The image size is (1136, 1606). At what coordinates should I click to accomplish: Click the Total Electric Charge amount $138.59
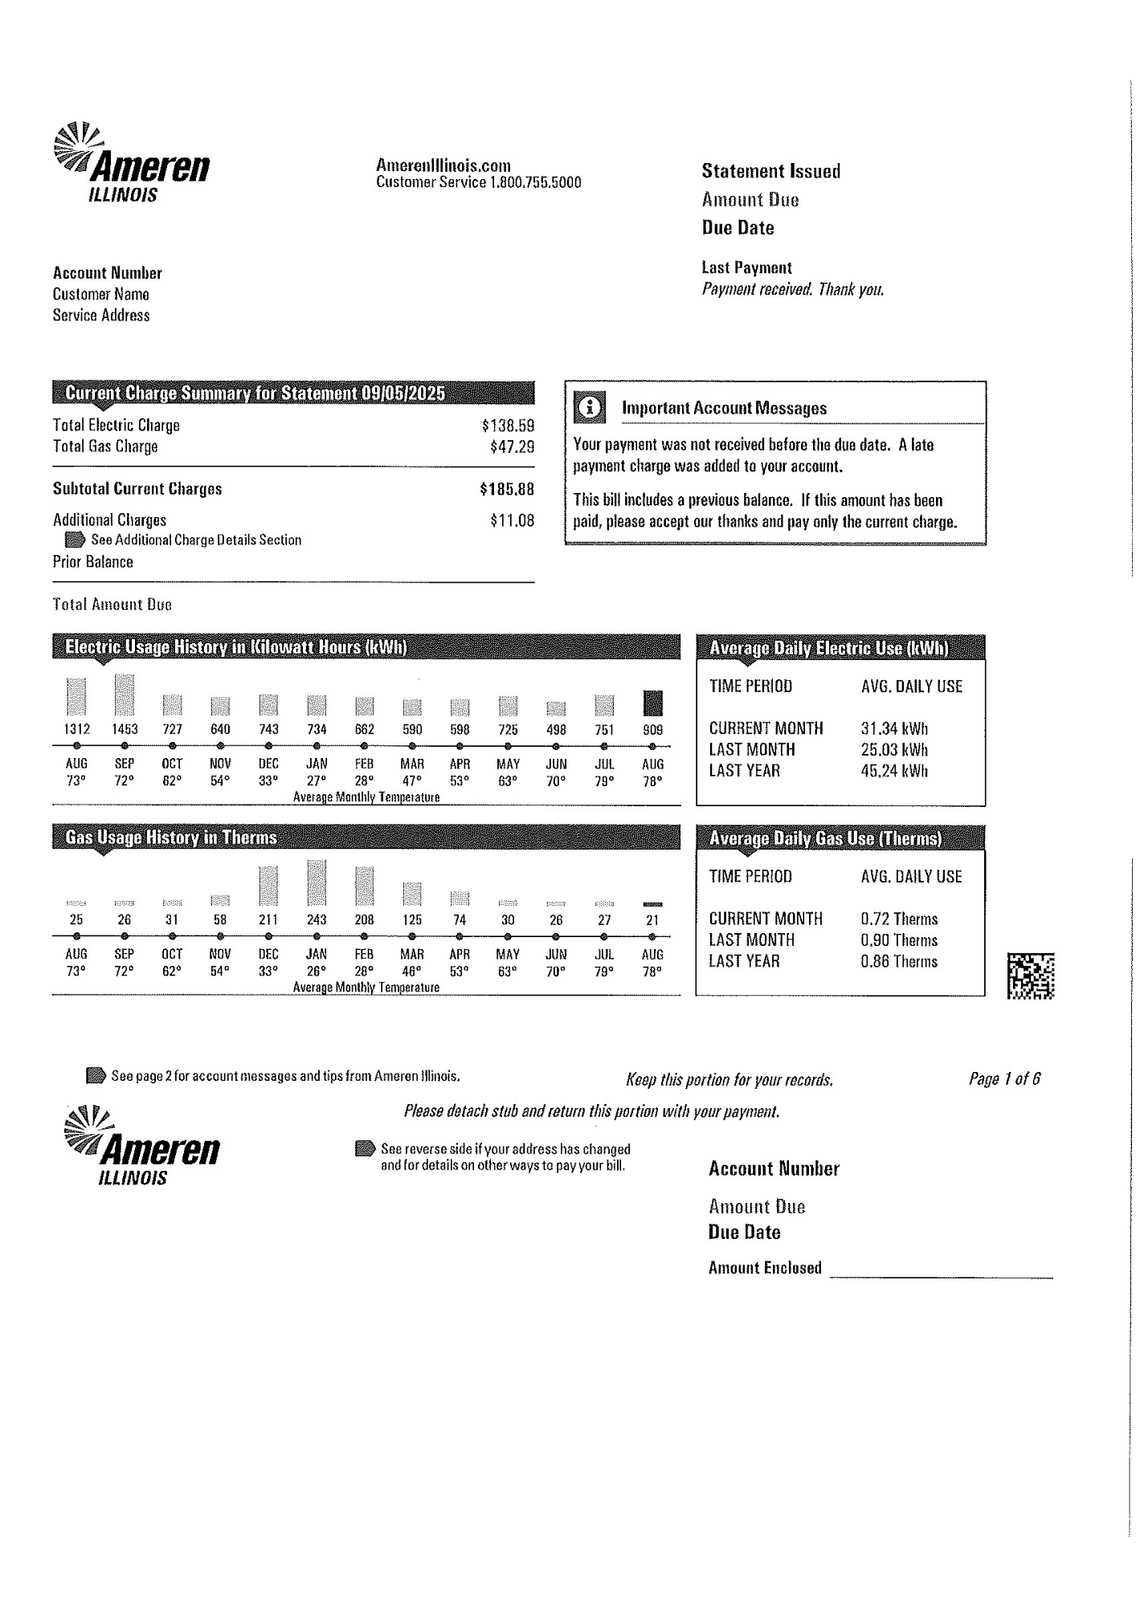coord(508,426)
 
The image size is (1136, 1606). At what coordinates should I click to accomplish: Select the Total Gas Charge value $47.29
coord(512,446)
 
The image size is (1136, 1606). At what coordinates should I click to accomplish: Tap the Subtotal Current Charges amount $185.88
coord(506,489)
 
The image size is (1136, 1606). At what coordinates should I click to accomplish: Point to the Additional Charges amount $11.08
coord(512,520)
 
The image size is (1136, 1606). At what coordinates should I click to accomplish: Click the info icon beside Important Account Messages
coord(590,408)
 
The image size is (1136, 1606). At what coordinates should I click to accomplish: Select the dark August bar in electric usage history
coord(652,703)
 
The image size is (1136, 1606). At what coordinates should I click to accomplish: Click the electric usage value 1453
coord(125,730)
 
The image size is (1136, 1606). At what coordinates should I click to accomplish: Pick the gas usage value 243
coord(317,920)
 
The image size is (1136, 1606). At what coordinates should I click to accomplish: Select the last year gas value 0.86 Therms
coord(899,961)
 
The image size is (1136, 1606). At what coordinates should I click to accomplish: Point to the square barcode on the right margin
coord(1031,976)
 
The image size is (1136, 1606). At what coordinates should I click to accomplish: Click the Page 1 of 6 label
coord(1004,1078)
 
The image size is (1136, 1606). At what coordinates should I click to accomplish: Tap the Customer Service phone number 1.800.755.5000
coord(535,182)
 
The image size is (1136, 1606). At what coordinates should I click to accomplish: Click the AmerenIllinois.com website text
coord(443,165)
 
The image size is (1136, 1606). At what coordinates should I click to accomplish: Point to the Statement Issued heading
coord(770,171)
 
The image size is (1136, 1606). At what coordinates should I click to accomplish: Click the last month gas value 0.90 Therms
coord(899,940)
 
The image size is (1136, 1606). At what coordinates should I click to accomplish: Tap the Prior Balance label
coord(93,562)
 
